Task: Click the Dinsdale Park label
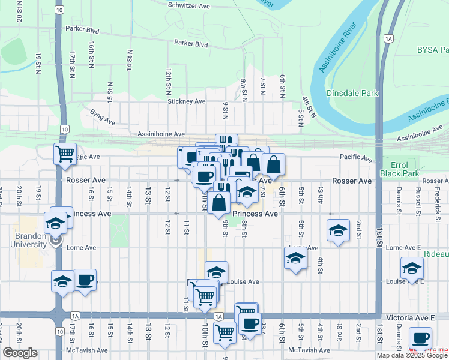coord(352,93)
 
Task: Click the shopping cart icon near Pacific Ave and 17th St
coord(65,153)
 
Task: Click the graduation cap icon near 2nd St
coord(338,230)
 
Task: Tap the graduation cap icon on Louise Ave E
coord(412,268)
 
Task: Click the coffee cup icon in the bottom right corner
coord(420,337)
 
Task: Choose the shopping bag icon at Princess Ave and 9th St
coord(220,202)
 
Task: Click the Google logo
coord(21,353)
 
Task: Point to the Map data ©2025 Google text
coord(412,355)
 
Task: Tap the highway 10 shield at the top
coord(58,10)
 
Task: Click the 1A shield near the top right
coord(389,39)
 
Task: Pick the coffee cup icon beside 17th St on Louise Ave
coord(85,280)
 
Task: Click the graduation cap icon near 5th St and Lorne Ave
coord(295,259)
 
